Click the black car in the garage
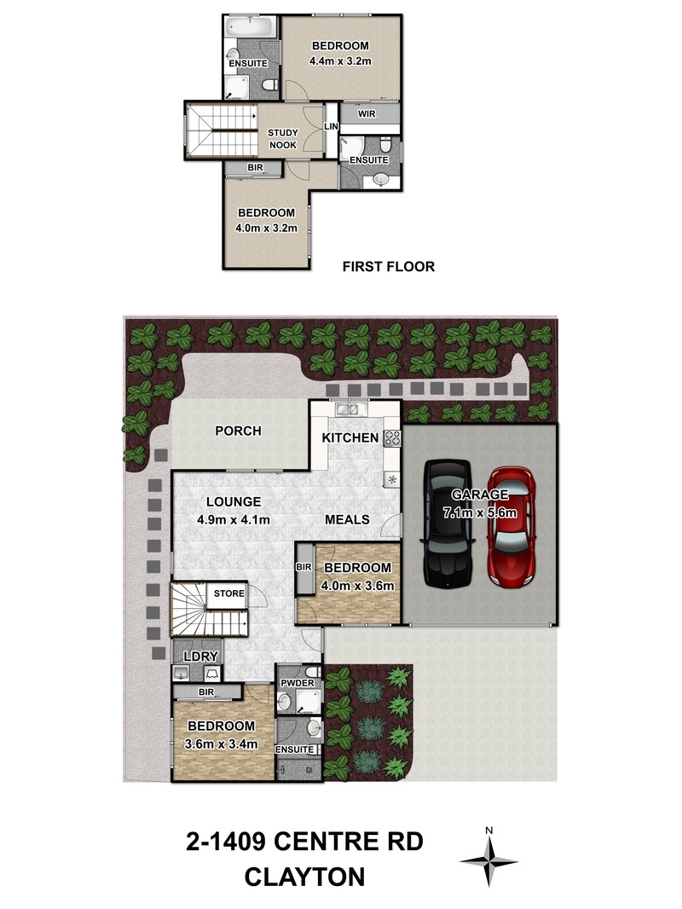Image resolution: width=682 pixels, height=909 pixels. pos(448,523)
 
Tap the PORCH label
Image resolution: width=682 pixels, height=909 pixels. pos(238,431)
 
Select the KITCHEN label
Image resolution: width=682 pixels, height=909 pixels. pos(350,438)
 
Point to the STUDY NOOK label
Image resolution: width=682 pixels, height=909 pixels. pos(283,139)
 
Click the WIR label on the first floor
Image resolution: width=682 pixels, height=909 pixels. pos(367,114)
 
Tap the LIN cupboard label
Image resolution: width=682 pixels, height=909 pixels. pos(331,126)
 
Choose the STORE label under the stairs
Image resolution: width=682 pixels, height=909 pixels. pos(228,593)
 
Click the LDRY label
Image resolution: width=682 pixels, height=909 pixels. pos(200,657)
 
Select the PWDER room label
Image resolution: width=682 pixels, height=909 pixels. pos(298,683)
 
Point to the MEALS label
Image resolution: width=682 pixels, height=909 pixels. pos(347,519)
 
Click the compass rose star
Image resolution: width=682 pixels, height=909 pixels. pos(489,862)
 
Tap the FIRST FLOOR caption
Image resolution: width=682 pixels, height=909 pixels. pos(388,267)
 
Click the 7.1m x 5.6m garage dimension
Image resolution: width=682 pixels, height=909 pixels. pos(480,512)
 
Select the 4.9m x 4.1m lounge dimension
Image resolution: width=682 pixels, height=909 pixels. pos(234,520)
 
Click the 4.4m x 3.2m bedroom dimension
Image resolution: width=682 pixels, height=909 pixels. pos(340,61)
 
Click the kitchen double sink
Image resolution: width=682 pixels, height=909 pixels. pos(350,409)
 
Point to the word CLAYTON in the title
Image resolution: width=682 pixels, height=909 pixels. pos(305,877)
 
